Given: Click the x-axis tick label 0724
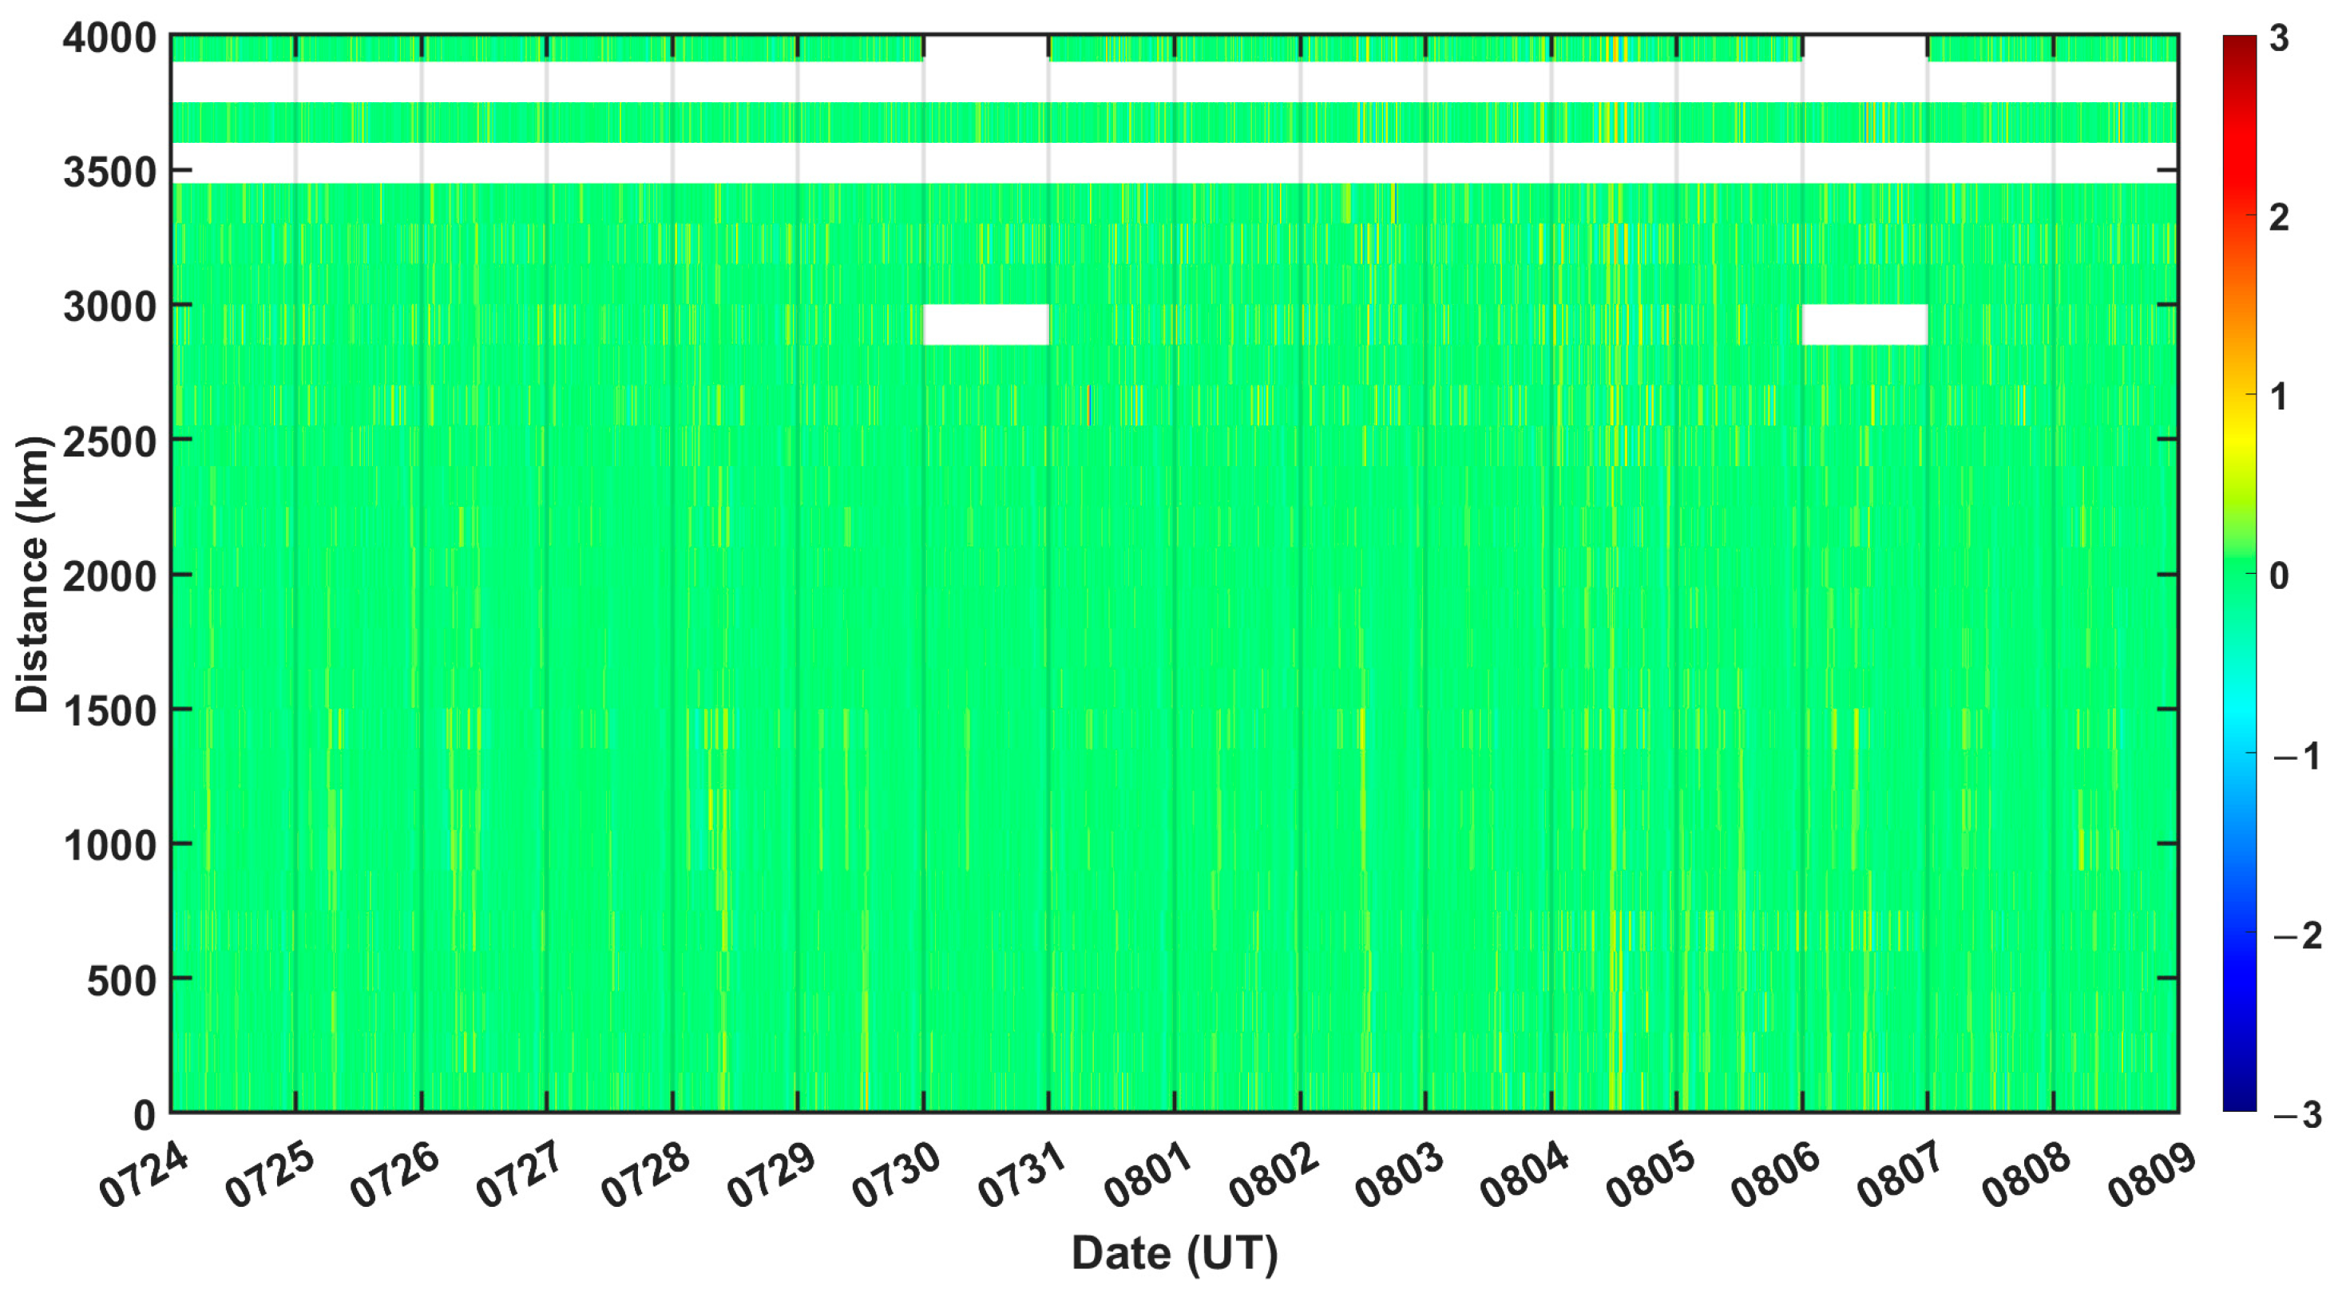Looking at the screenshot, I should [x=145, y=1175].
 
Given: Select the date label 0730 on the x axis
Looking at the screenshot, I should [x=898, y=1175].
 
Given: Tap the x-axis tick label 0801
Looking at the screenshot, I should [x=1149, y=1175].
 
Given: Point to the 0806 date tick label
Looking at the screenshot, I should [x=1777, y=1175].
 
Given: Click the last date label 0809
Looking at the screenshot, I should [x=2153, y=1175].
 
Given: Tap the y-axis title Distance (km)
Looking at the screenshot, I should [x=33, y=575].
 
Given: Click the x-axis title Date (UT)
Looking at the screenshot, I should [x=1175, y=1253].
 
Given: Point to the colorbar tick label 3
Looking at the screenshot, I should [x=2280, y=39].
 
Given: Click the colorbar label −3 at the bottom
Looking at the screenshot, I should [x=2296, y=1113].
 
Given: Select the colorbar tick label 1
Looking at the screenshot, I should [x=2280, y=397].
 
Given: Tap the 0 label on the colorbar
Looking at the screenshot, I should [x=2280, y=575].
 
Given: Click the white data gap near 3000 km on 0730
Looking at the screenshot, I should [x=986, y=324].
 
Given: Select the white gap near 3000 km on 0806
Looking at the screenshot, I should [x=1864, y=324].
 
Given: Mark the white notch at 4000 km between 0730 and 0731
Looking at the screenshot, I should [x=986, y=48].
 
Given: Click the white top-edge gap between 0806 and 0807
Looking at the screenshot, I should [x=1864, y=48].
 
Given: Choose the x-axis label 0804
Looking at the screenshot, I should [x=1526, y=1175].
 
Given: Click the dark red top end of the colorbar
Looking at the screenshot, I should [x=2239, y=43].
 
